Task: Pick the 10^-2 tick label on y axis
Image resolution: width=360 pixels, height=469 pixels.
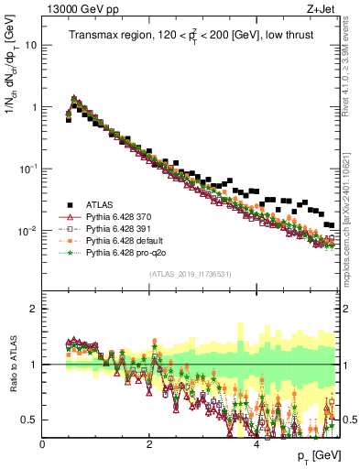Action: [28, 232]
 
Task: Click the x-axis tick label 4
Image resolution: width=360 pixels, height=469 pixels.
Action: [256, 442]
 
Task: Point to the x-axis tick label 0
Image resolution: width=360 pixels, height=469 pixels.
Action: [42, 442]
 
